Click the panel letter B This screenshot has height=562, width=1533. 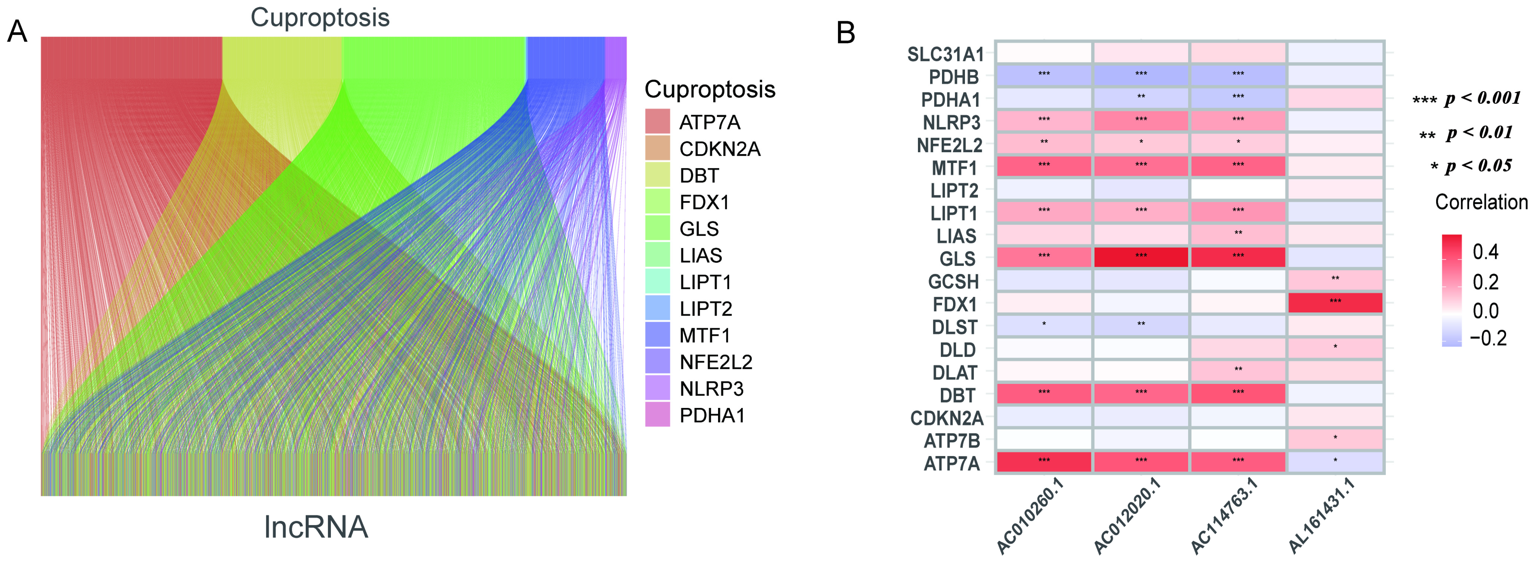pyautogui.click(x=846, y=33)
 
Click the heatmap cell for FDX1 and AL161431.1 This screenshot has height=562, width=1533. pyautogui.click(x=1335, y=302)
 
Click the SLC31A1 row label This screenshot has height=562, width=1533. pyautogui.click(x=945, y=54)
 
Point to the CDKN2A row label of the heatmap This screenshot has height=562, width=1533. pyautogui.click(x=946, y=418)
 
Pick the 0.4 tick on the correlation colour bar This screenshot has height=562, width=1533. pyautogui.click(x=1485, y=252)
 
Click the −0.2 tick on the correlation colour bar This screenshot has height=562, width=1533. pyautogui.click(x=1488, y=338)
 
